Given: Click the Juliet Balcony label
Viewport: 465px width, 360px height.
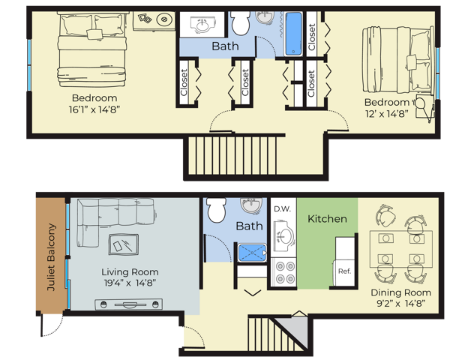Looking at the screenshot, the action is (51, 256).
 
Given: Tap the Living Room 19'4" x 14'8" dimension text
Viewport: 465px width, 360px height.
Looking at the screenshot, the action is (130, 283).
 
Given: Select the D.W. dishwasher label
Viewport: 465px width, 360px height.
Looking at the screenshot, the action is (282, 209).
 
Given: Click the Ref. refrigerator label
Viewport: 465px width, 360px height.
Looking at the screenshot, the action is (344, 271).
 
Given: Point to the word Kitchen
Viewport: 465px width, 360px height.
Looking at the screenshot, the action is (327, 219).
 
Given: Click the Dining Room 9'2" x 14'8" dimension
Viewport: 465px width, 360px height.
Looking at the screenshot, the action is (401, 303).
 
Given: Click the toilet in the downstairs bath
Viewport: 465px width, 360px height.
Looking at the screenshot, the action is (216, 210).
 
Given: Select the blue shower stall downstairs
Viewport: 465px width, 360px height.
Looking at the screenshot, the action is (252, 253).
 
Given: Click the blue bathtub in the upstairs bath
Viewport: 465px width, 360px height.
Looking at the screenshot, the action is (293, 34).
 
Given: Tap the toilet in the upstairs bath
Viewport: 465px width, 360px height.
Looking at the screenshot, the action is (240, 23).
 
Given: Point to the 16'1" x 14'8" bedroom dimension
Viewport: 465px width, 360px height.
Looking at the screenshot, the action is (94, 109).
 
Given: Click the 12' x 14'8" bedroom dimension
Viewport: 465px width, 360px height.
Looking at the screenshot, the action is (387, 113).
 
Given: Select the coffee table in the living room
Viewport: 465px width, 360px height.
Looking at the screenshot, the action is (123, 244).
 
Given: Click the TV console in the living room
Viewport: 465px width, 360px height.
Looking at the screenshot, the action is (129, 304).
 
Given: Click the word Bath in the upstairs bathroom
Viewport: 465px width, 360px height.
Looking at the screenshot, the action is (225, 46).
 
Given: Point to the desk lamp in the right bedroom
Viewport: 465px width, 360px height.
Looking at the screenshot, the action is (424, 107).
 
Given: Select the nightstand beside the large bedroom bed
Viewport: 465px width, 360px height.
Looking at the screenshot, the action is (154, 20).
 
